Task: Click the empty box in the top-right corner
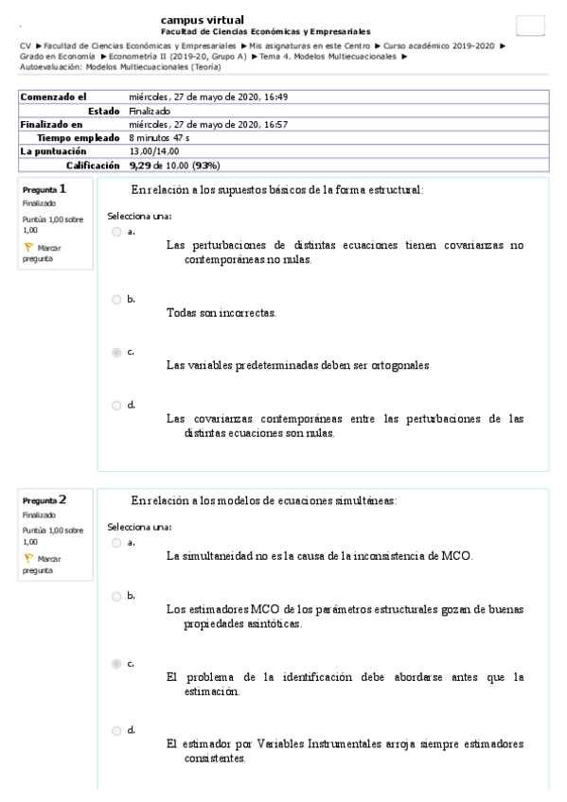[x=530, y=26]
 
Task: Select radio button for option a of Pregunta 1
[x=116, y=231]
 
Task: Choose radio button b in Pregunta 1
[x=116, y=299]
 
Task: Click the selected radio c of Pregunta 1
[x=116, y=352]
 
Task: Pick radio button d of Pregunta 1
[x=116, y=405]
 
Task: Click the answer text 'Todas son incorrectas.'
[x=221, y=311]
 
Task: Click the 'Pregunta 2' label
[x=44, y=499]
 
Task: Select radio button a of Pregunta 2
[x=116, y=543]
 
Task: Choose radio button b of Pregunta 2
[x=116, y=596]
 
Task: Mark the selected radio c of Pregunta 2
[x=116, y=664]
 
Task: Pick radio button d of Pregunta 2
[x=116, y=731]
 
